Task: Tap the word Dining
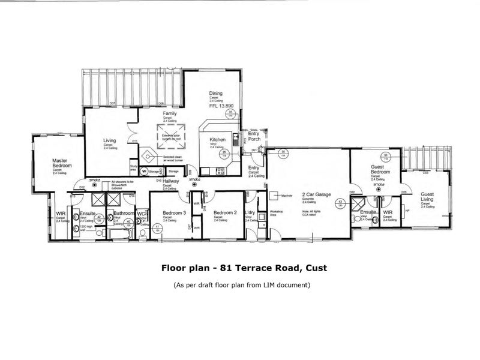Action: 215,94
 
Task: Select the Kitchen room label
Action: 217,140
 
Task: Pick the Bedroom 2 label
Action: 225,213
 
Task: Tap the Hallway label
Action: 163,181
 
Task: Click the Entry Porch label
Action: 253,136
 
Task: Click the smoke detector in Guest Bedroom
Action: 379,186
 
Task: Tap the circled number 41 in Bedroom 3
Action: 157,226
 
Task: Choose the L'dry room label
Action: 251,213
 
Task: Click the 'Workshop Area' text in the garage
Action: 276,214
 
